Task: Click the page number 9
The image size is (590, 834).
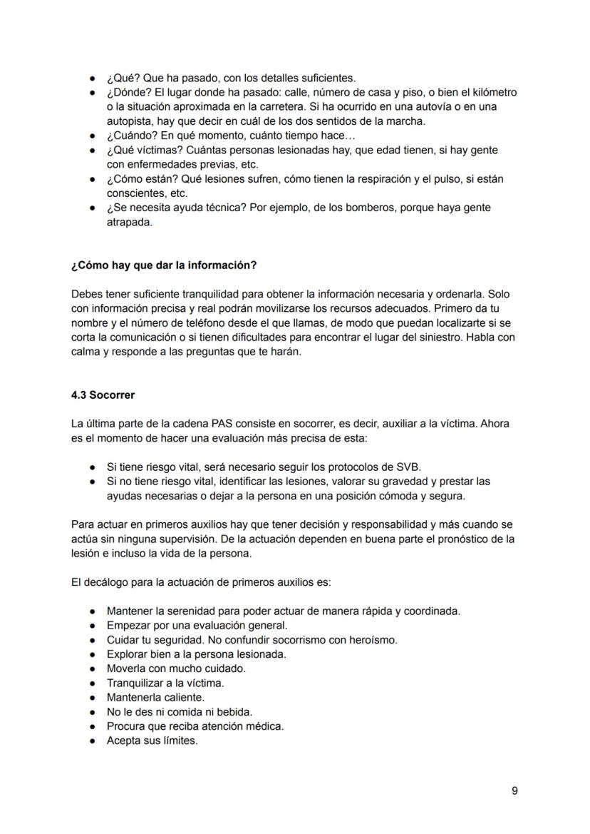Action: pos(514,790)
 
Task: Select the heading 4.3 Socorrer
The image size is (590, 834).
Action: pos(103,395)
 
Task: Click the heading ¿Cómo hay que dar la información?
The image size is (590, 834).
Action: pos(164,265)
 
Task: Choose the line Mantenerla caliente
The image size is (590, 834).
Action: pos(155,697)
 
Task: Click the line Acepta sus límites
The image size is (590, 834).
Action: pos(152,741)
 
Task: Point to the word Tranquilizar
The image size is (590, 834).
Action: pos(137,683)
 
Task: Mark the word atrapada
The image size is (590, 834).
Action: pos(129,222)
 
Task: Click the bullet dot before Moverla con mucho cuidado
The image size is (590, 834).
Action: pos(93,668)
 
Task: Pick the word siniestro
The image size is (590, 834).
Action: pos(437,337)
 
